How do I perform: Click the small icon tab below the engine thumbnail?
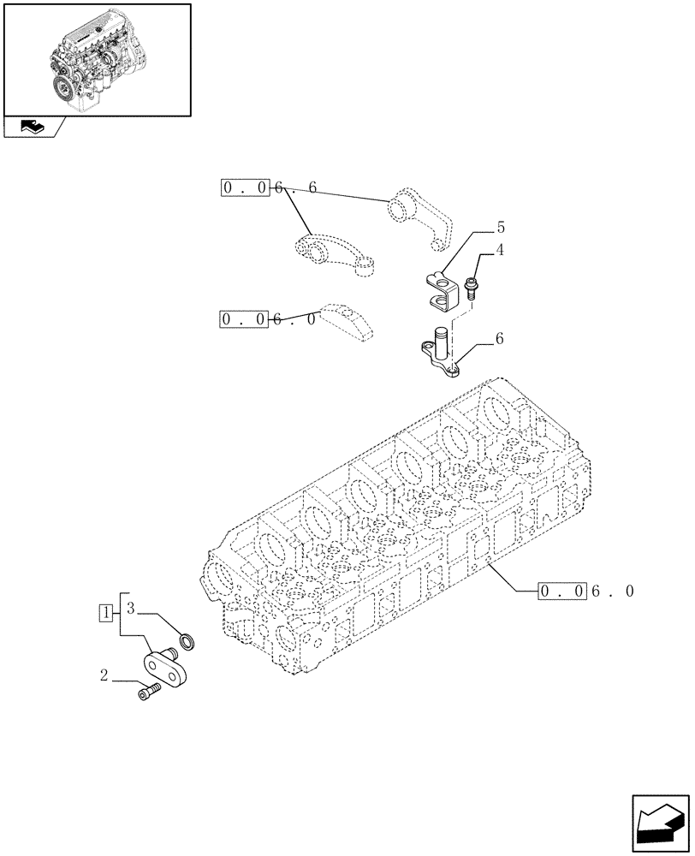point(33,128)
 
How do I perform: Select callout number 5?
point(499,229)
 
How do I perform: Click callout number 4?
point(499,251)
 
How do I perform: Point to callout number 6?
point(499,339)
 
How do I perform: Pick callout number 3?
point(131,609)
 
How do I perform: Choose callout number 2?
point(104,676)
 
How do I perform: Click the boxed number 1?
point(105,612)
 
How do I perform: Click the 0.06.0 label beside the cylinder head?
point(586,591)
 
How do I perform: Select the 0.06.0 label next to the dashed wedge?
point(269,319)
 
